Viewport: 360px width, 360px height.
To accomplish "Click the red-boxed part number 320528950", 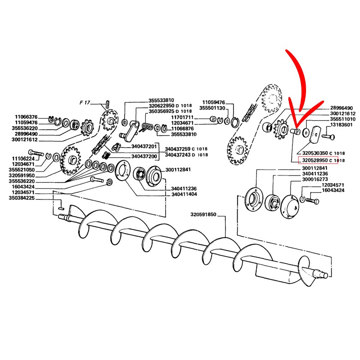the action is tap(315, 160).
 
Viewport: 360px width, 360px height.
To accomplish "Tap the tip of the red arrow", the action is tap(297, 128).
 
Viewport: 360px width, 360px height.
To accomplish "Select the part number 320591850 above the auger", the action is tap(203, 215).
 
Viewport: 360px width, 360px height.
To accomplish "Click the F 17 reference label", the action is tap(85, 103).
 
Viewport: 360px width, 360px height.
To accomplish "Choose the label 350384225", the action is tap(22, 198).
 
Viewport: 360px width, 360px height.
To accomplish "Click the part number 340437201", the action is tap(144, 146).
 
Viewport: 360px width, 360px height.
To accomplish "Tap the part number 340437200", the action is tap(144, 156).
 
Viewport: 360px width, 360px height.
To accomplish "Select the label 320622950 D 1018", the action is tap(170, 106).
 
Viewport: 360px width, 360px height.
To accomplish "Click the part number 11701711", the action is tap(183, 117).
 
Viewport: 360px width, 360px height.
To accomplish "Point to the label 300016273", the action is tap(315, 179).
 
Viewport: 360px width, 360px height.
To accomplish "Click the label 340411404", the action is tap(184, 194).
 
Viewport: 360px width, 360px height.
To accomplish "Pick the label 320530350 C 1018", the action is tap(324, 153).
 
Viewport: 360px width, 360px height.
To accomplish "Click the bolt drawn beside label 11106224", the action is tap(36, 153).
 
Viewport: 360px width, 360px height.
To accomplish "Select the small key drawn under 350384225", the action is tap(61, 208).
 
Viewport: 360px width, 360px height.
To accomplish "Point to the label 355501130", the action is tap(212, 108).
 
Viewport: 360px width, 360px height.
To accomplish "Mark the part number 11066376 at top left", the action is tap(26, 117).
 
